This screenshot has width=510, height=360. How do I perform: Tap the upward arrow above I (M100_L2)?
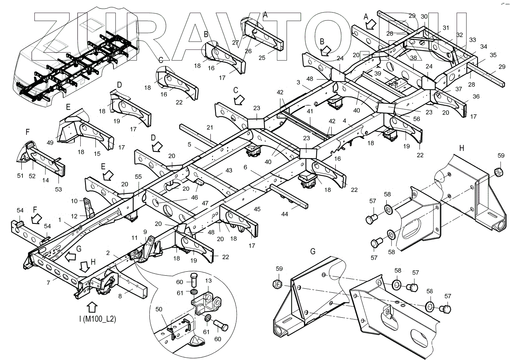click(x=92, y=307)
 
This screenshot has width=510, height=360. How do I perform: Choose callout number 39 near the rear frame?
click(x=378, y=73)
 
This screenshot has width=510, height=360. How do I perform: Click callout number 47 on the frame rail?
click(x=205, y=203)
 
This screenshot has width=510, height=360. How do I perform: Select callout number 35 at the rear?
click(x=493, y=55)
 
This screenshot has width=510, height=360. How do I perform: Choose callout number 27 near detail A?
click(x=236, y=42)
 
